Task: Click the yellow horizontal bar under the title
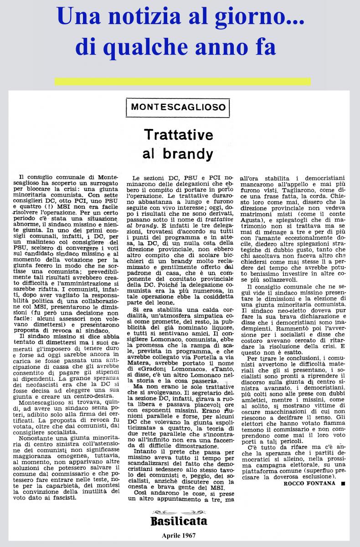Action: click(182, 82)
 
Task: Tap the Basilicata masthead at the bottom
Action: click(179, 521)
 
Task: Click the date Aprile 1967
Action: click(179, 536)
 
